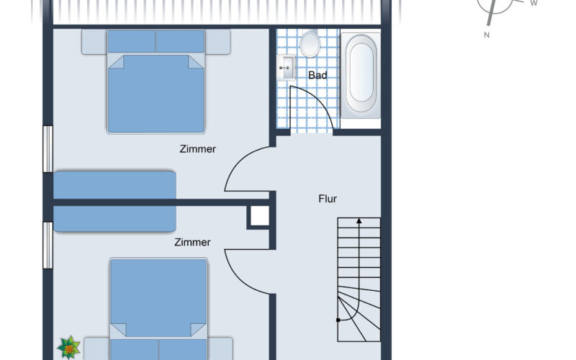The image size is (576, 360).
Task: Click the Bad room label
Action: [318, 76]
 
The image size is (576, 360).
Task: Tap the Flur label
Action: [328, 199]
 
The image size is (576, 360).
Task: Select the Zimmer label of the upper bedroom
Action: [197, 149]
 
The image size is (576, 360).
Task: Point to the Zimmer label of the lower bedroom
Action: [192, 242]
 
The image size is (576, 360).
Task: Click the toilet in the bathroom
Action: [310, 43]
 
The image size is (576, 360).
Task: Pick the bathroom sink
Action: [286, 68]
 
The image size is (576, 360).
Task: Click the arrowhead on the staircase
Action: [359, 221]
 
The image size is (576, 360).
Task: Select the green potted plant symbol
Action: [68, 347]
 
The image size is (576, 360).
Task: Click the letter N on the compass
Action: [487, 35]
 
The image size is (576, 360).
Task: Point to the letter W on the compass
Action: [534, 4]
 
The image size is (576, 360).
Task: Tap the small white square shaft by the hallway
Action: [260, 215]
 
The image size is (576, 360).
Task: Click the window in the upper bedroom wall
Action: [48, 149]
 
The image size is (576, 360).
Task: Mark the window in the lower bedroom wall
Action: [48, 246]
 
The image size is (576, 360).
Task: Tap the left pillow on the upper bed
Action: [132, 41]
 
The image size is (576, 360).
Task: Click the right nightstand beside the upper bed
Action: [217, 42]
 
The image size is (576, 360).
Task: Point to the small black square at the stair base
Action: [338, 320]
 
